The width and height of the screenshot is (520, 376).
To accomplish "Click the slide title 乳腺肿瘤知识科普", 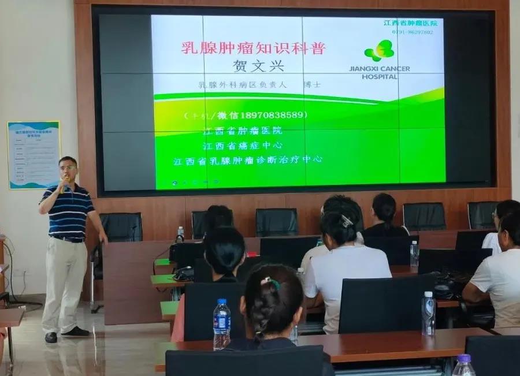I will tap(254, 48).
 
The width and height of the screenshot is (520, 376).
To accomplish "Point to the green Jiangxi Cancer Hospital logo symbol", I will tap(379, 51).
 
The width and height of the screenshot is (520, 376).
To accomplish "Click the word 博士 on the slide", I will tap(328, 84).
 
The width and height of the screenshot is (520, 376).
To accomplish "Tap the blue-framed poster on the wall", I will tap(34, 155).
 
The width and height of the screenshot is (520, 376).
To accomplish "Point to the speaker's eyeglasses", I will tap(68, 167).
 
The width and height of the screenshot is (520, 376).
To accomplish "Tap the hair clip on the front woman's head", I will tap(270, 283).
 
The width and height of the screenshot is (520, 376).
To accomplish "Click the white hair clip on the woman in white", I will tap(346, 220).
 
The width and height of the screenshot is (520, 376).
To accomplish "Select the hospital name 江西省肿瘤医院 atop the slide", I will tap(410, 23).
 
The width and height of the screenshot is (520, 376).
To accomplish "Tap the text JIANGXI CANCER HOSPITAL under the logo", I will tap(380, 72).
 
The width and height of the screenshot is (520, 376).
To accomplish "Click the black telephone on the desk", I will tap(184, 273).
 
